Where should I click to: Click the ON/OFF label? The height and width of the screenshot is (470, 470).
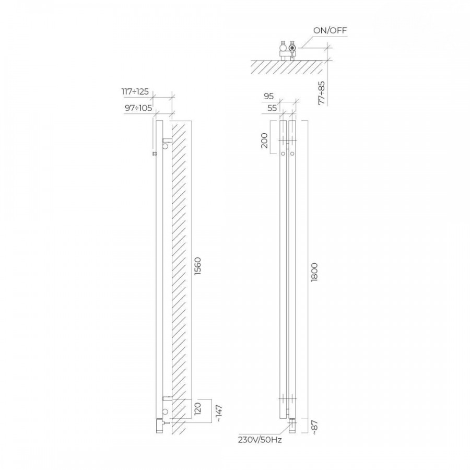(330, 31)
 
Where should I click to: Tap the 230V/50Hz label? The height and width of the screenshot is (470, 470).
(260, 440)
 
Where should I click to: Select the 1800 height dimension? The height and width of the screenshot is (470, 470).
(314, 272)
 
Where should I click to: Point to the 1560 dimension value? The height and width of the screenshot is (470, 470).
(197, 267)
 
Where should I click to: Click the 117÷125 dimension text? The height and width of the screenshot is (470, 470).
(135, 91)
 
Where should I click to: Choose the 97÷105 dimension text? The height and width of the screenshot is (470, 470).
(138, 108)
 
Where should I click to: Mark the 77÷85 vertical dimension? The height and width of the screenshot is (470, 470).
(322, 92)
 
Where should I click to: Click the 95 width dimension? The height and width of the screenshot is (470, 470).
(269, 96)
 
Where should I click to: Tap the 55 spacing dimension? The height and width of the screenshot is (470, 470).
(272, 108)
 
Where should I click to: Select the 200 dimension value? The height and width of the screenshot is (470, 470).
(264, 140)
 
